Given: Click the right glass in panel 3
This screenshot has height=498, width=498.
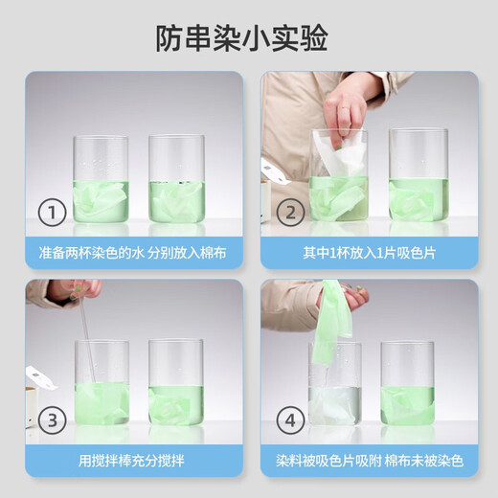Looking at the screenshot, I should [176, 383].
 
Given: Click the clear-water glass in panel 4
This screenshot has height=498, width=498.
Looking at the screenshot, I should [334, 388].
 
